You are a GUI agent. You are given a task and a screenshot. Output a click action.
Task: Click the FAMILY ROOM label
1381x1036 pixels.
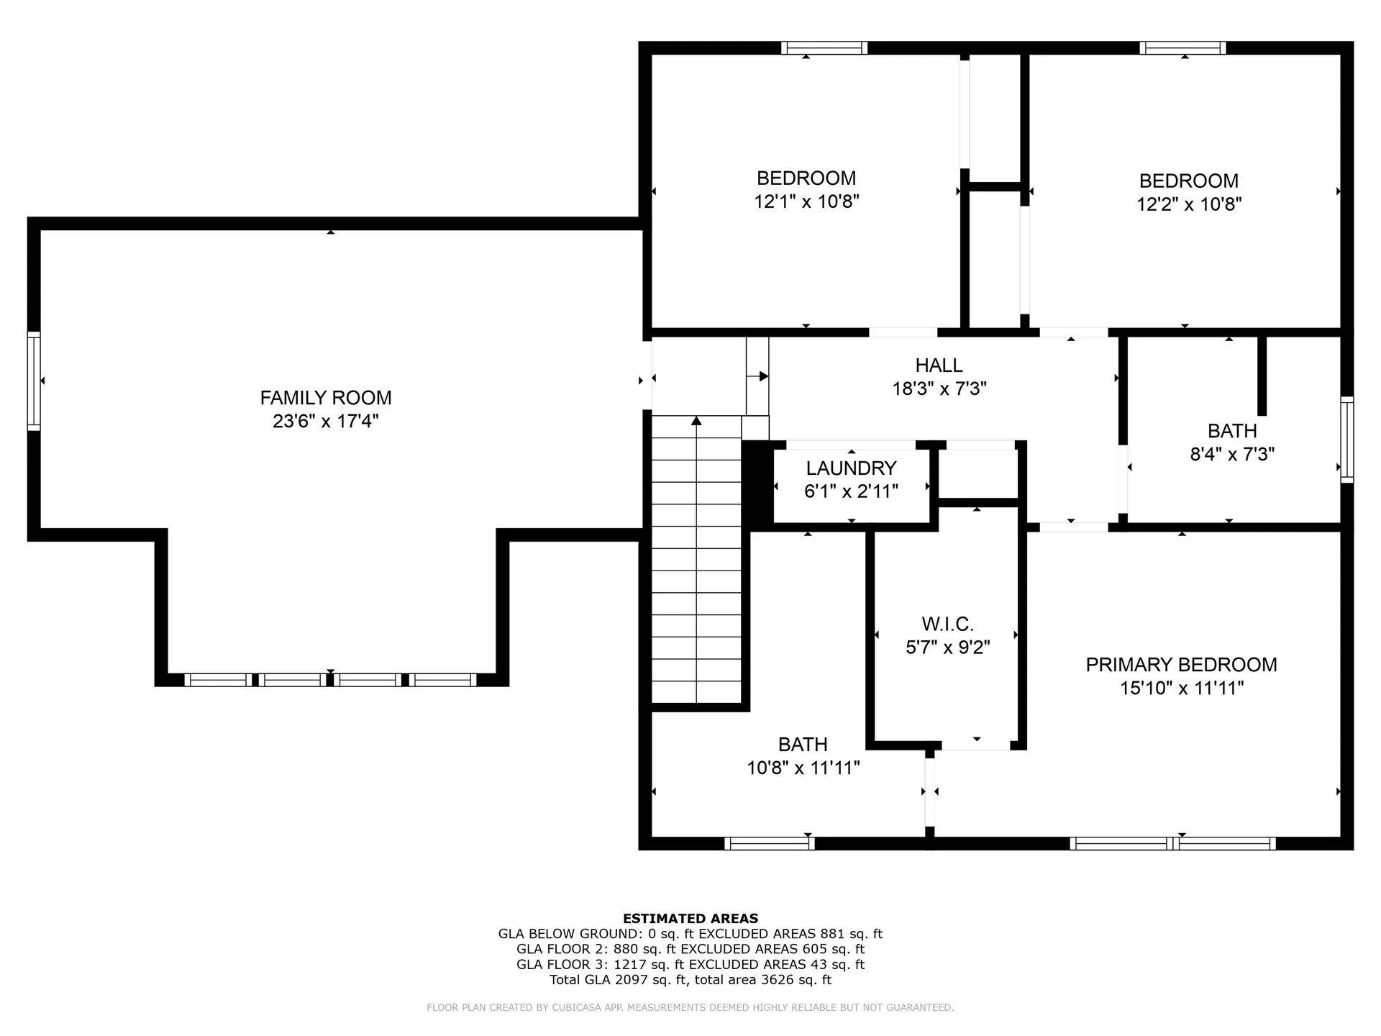tap(325, 397)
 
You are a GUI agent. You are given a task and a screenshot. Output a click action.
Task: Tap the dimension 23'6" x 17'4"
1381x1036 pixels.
tap(325, 421)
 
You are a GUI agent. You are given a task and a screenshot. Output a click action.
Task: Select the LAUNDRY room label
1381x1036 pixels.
tap(851, 468)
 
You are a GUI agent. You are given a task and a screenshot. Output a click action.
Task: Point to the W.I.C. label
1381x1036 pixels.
tap(947, 624)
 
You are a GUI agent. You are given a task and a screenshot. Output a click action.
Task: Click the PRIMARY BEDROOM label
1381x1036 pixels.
tap(1181, 665)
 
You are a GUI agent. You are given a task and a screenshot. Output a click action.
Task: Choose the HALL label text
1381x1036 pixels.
tap(939, 365)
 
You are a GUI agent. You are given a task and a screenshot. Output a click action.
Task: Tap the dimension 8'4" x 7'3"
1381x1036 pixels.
tap(1232, 454)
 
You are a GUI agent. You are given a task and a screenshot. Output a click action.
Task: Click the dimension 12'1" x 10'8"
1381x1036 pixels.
tap(806, 201)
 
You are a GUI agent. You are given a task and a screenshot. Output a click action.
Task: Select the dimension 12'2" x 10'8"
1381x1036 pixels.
tap(1189, 204)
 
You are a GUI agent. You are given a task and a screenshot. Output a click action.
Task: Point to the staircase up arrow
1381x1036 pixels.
tap(696, 420)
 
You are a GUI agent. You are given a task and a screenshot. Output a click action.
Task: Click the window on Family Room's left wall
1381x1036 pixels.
tap(33, 381)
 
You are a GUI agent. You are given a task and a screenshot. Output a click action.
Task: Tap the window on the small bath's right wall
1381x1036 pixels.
tap(1346, 439)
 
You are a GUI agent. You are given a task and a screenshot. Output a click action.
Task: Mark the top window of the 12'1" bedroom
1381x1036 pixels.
tap(824, 48)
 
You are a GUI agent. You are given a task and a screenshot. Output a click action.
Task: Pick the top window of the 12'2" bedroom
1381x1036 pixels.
tap(1182, 48)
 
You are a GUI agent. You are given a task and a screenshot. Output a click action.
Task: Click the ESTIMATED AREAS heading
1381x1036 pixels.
tap(690, 918)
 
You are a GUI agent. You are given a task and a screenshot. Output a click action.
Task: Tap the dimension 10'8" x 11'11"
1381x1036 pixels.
tap(803, 768)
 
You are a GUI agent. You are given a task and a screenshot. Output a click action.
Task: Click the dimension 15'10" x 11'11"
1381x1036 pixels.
tap(1181, 689)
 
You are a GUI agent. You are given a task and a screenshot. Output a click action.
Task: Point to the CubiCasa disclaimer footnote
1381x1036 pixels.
tap(690, 1007)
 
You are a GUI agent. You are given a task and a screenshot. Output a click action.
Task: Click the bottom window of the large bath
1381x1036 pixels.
tap(769, 843)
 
